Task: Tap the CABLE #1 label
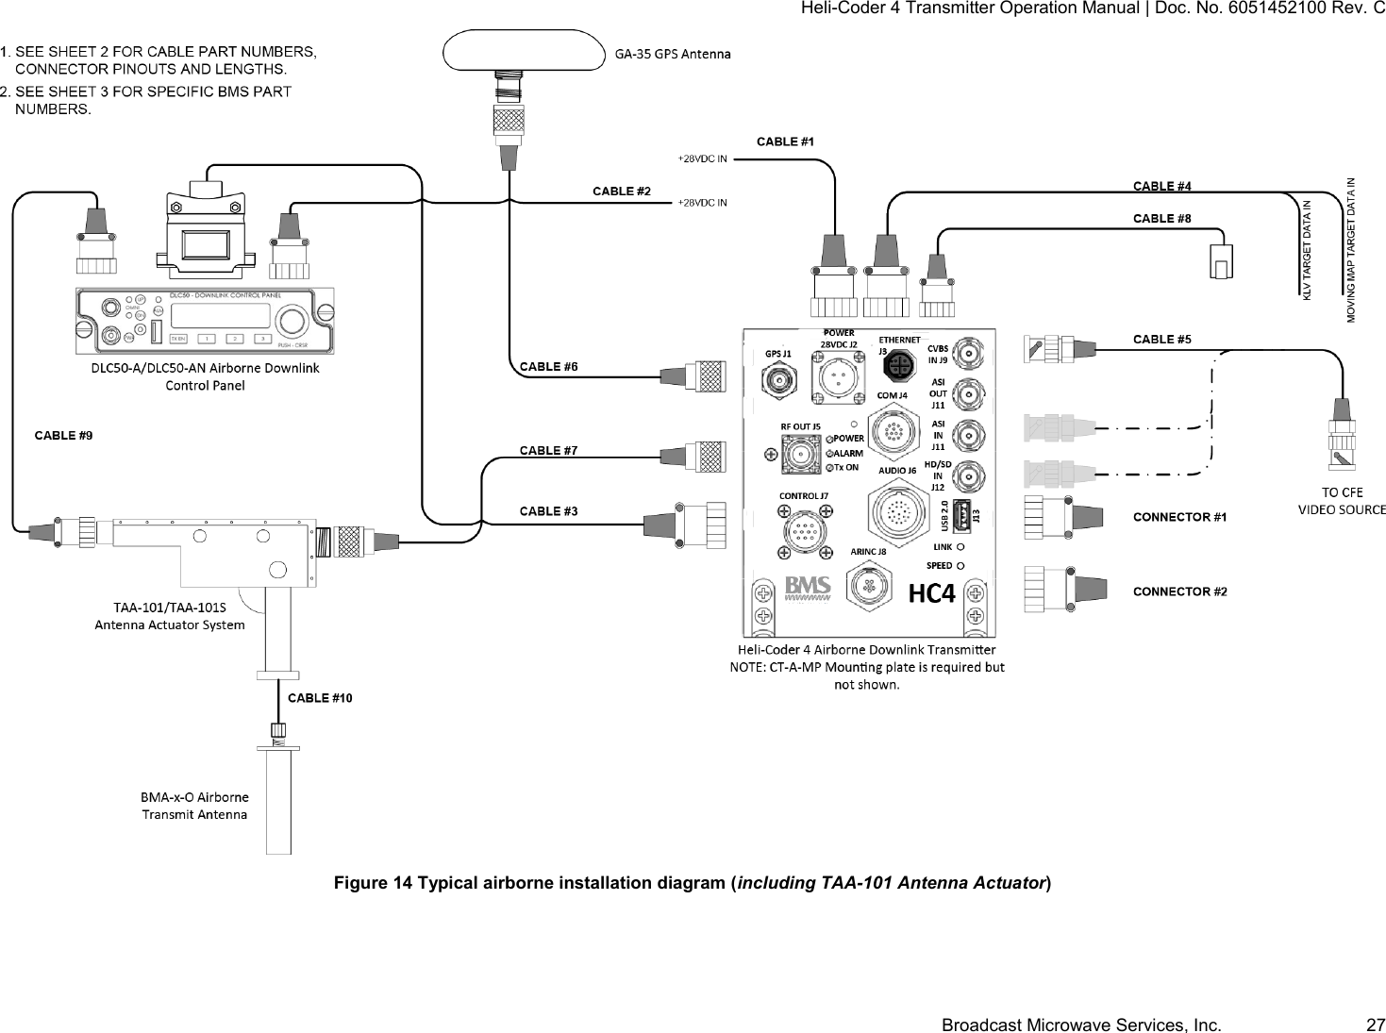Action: click(x=785, y=142)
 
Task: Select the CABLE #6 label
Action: click(x=548, y=366)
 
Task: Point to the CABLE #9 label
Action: click(x=63, y=435)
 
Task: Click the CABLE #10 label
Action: click(x=320, y=698)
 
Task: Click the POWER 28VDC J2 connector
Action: click(x=836, y=379)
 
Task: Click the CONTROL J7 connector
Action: click(x=804, y=531)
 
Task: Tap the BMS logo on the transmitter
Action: click(x=808, y=588)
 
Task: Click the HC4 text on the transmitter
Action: click(x=932, y=593)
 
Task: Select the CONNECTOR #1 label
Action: click(x=1179, y=517)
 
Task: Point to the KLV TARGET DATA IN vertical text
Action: click(x=1307, y=251)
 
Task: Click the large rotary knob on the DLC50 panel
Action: click(x=292, y=322)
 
